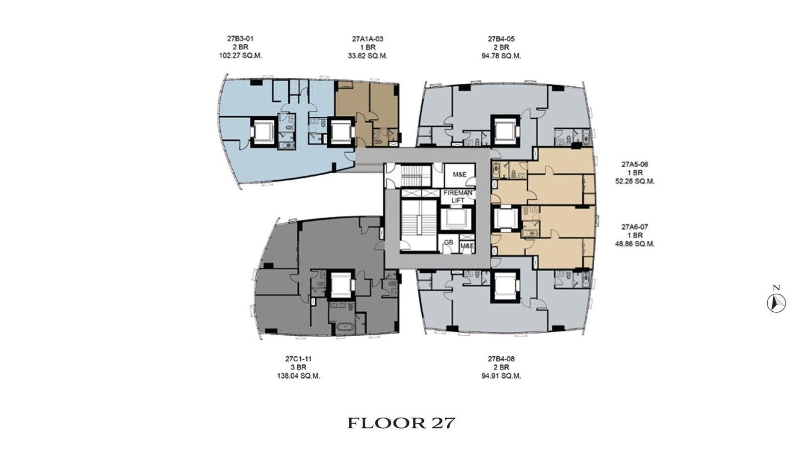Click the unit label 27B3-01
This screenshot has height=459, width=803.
coord(240,38)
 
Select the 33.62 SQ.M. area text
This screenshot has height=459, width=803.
coord(368,56)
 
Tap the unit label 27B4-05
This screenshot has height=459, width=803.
coord(501,38)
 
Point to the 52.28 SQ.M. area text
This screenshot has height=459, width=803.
coord(635,182)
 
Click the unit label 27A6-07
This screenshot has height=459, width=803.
coord(635,227)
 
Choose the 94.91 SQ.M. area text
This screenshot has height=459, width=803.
coord(501,376)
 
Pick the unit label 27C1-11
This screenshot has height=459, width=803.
coord(299,359)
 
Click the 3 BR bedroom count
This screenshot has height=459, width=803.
coord(299,367)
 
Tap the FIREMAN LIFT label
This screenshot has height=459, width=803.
coord(458,197)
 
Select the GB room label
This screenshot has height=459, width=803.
coord(448,242)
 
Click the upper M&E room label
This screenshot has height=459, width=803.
coord(459,175)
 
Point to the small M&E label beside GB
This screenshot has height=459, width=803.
coord(467,246)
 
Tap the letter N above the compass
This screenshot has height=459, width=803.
coord(776,287)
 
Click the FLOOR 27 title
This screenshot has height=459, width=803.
coord(401,423)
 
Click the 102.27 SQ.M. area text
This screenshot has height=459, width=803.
coord(240,56)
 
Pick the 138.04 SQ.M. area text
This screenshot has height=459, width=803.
coord(299,376)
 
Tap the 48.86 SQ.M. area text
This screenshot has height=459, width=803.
coord(635,244)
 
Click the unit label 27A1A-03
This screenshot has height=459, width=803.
coord(368,38)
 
